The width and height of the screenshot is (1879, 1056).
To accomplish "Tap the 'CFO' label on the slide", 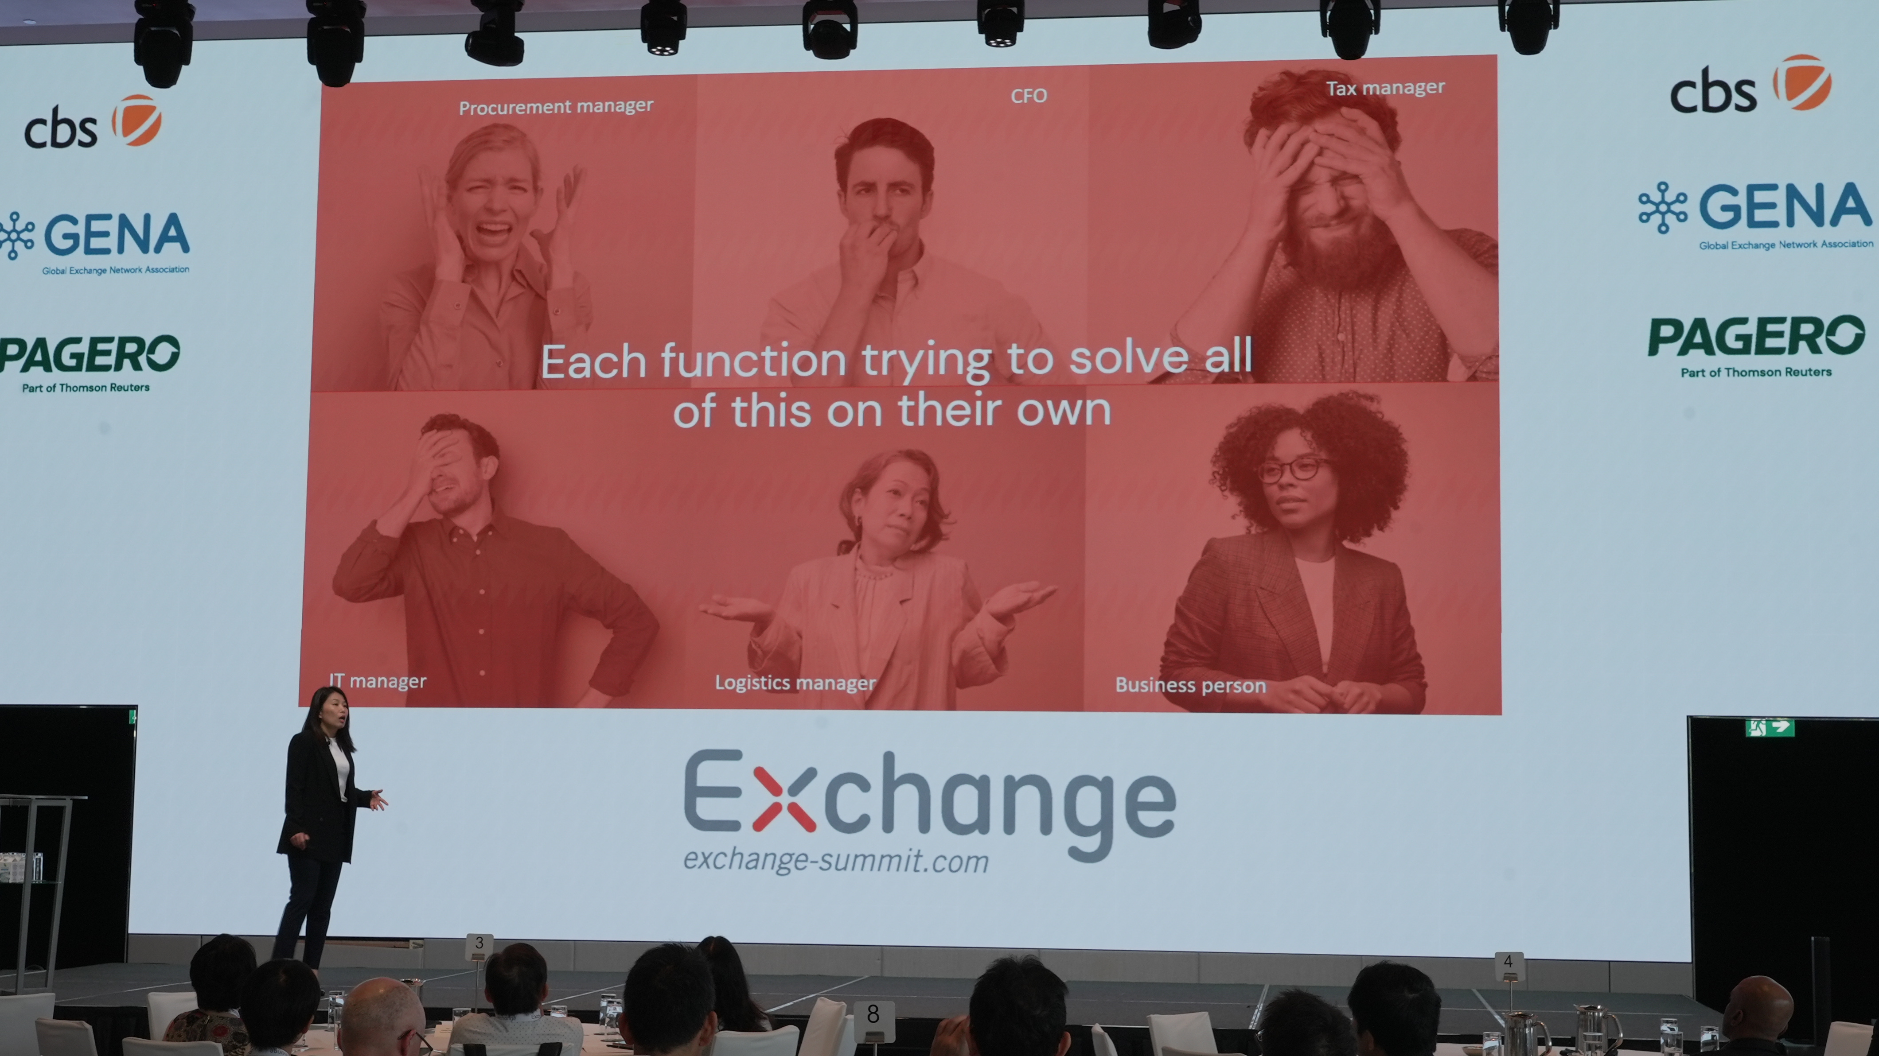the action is (x=1029, y=96).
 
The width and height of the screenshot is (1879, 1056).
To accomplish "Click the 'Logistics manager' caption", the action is (x=795, y=683).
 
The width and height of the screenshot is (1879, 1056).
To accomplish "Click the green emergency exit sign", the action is (x=1770, y=727).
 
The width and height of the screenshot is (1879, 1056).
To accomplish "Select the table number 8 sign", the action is (x=873, y=1014).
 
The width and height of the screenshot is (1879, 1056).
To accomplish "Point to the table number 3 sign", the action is (x=479, y=943).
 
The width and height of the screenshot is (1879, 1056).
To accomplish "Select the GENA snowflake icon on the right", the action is (x=1663, y=207).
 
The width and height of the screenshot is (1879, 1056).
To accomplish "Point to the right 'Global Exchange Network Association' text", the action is (x=1785, y=245).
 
